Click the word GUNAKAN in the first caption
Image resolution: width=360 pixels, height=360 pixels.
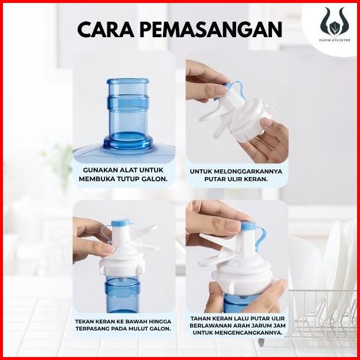pyautogui.click(x=100, y=170)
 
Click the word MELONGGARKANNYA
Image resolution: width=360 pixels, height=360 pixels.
pyautogui.click(x=249, y=172)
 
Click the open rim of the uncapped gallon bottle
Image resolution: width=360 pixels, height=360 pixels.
pyautogui.click(x=127, y=81)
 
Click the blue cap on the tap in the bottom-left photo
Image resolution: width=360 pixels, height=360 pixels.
pyautogui.click(x=122, y=223)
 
